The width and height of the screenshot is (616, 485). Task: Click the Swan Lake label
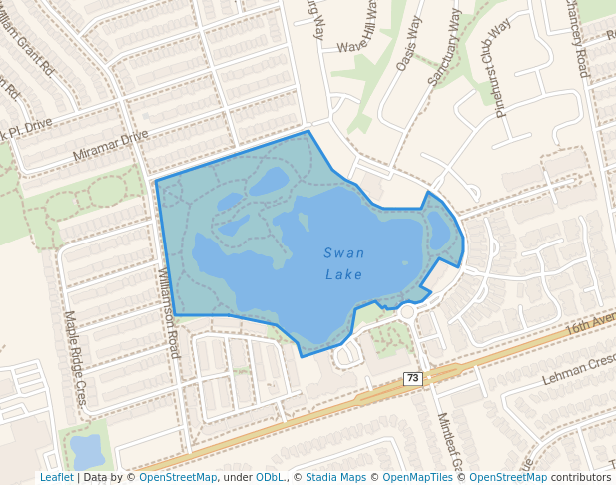point(343,263)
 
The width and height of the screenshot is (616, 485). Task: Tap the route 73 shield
point(413,378)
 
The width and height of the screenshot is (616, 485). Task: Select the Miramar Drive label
point(110,146)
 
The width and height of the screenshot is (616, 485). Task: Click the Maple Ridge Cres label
point(76,358)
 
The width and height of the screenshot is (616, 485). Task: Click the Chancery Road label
point(580,37)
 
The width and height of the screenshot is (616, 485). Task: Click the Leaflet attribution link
point(56,477)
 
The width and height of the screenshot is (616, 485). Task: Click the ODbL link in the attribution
point(271,477)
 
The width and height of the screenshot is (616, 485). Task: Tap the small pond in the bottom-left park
point(87,451)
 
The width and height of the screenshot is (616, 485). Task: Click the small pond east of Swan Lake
point(439,231)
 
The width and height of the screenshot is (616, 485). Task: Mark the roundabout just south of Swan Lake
point(406,312)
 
